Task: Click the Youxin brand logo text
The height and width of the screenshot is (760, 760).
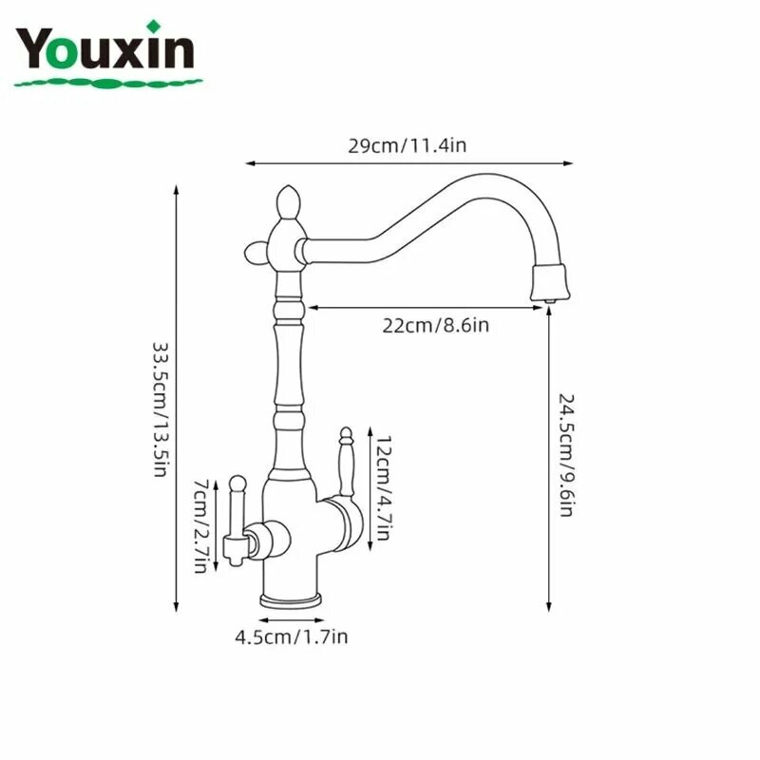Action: pos(104,48)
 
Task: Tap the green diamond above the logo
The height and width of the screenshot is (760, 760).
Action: pos(154,27)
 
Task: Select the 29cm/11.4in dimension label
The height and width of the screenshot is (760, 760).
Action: pos(408,145)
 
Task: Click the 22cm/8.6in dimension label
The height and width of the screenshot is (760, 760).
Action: pos(435,325)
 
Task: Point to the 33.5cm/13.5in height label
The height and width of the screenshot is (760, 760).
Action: pos(161,409)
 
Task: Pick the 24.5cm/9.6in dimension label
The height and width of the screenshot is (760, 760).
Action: pos(566,455)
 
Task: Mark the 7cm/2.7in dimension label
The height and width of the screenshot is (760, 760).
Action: pos(201,526)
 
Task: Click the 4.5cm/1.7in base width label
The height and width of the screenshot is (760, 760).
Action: pos(292,636)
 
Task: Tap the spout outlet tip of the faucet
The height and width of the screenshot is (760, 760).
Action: pos(550,301)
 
